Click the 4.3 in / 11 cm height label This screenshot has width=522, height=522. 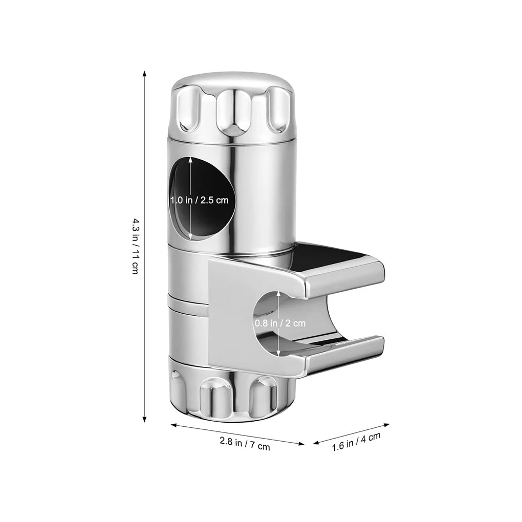click(x=135, y=246)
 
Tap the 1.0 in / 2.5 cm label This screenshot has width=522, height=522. click(x=200, y=200)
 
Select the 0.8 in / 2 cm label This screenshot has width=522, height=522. click(x=280, y=323)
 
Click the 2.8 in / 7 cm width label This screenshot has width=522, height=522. click(x=245, y=443)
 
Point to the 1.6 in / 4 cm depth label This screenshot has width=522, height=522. click(x=356, y=441)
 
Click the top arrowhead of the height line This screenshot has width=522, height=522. click(x=145, y=73)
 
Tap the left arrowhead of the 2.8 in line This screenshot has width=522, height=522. click(x=173, y=424)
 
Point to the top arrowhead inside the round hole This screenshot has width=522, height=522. click(x=190, y=160)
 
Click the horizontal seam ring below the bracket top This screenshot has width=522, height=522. click(x=189, y=305)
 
